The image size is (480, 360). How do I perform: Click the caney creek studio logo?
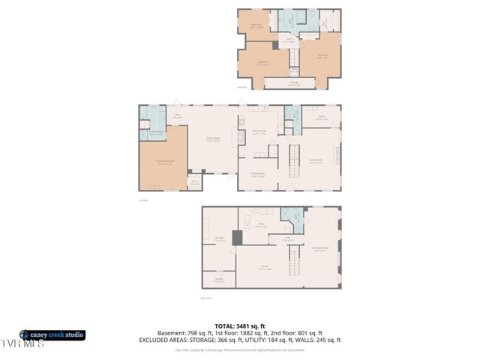click(x=52, y=334)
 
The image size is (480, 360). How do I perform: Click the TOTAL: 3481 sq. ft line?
click(x=239, y=325)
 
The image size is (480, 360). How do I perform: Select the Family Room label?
click(x=213, y=139)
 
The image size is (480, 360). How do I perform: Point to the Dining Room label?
click(x=258, y=175)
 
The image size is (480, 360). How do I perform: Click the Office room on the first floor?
click(x=321, y=118)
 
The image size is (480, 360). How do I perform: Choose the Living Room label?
click(x=316, y=160)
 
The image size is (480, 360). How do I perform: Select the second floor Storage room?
click(x=294, y=82)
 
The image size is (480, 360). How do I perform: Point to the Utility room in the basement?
click(x=262, y=225)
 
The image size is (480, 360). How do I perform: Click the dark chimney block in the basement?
click(x=237, y=238)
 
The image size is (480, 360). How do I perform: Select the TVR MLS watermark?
click(x=22, y=343)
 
